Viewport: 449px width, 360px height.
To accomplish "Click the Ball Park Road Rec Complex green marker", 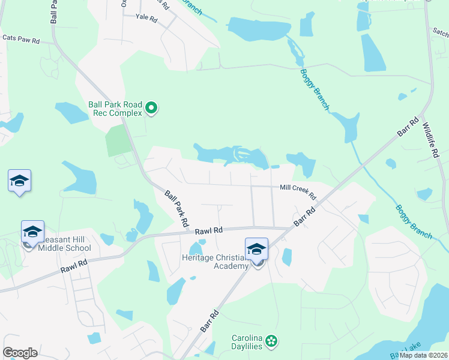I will [x=152, y=108].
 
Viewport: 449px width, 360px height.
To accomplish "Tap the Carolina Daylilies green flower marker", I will [x=272, y=341].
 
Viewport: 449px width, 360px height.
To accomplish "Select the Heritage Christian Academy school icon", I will [x=256, y=249].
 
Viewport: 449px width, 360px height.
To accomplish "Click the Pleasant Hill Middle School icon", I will [x=32, y=231].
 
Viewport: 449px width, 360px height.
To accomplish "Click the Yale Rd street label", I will [x=146, y=19].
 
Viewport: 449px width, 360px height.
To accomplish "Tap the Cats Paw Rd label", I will [x=21, y=39].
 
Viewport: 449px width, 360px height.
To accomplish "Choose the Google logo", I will [x=20, y=353].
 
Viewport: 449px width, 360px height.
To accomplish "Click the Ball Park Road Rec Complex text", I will [x=115, y=108].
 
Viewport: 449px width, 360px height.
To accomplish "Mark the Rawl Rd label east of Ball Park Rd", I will [x=209, y=230].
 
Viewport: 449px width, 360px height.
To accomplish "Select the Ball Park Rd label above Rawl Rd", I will [x=176, y=207].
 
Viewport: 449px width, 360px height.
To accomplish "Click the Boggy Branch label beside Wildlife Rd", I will [x=414, y=221].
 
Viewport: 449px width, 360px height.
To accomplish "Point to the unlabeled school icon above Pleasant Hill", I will [x=19, y=181].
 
